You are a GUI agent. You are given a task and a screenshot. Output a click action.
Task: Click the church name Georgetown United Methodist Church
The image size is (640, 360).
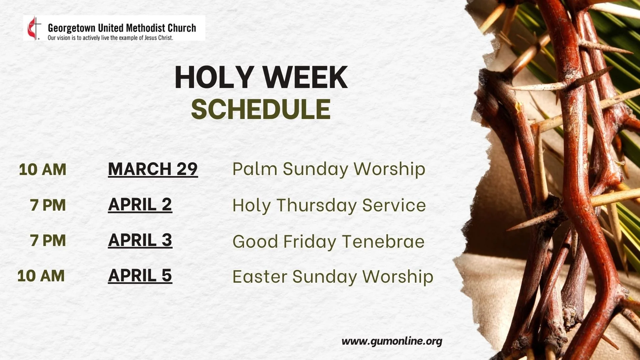(122, 28)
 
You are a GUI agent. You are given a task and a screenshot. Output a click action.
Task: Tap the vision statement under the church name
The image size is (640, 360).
(110, 38)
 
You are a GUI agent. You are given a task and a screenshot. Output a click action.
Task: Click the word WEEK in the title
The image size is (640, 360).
(306, 77)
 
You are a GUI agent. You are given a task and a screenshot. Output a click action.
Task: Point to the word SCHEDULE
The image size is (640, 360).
(261, 109)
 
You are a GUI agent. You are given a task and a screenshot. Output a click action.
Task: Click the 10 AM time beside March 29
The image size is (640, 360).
(42, 169)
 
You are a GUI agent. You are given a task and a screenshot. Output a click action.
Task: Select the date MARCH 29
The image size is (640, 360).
(153, 169)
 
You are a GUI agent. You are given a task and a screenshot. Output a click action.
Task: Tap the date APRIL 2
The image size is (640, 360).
(140, 205)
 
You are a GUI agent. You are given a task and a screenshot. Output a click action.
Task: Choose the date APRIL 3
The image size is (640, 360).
(140, 240)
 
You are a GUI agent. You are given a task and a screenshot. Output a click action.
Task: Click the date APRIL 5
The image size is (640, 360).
(140, 276)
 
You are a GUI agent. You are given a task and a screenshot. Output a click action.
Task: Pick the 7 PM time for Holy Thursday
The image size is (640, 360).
(48, 205)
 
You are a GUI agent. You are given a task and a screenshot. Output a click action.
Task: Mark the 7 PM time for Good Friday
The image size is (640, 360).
(48, 240)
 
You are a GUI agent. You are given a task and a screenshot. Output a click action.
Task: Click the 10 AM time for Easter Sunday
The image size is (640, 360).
(41, 276)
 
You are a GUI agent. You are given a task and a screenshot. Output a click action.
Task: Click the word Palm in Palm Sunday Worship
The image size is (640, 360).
(255, 169)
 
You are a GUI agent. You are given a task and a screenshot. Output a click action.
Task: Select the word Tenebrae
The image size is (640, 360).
(383, 241)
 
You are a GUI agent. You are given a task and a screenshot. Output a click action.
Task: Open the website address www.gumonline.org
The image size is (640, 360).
(392, 341)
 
